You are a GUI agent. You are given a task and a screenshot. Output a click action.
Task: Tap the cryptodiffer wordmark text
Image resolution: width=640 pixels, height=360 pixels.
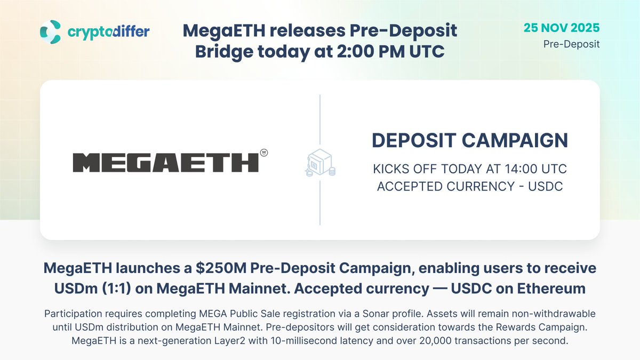point(108,32)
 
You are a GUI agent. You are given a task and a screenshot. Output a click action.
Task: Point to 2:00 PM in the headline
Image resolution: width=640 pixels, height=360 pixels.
point(370,52)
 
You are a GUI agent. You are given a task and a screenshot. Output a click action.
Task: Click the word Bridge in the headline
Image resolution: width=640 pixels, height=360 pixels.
point(233,52)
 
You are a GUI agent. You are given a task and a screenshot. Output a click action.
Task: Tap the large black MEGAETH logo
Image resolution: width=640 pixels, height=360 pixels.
point(165,162)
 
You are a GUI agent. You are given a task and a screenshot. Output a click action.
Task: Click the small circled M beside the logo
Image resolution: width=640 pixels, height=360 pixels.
point(263,153)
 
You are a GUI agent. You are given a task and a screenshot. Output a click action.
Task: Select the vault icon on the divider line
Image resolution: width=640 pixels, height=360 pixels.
point(319,163)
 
